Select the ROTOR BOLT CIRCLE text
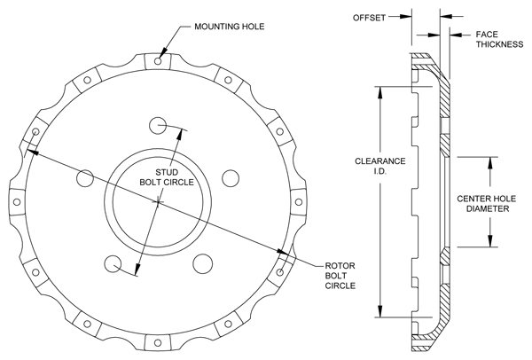[x=340, y=274]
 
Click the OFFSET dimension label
[x=370, y=16]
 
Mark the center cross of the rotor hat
[x=158, y=203]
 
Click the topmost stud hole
[x=158, y=123]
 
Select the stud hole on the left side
[x=84, y=178]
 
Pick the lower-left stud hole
[x=113, y=264]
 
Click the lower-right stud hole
[x=204, y=264]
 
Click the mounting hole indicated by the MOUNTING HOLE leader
[x=158, y=62]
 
